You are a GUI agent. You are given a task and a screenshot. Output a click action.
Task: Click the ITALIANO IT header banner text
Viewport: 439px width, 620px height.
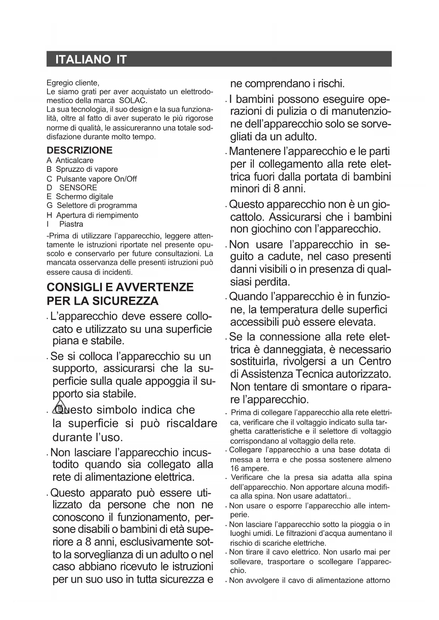[x=91, y=59]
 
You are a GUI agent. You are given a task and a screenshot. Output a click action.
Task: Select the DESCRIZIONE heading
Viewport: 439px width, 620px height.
[x=79, y=150]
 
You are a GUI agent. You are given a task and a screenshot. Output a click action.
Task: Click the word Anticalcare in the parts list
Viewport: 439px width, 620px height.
[x=75, y=160]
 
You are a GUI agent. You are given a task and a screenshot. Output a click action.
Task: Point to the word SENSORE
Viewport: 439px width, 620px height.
[x=78, y=188]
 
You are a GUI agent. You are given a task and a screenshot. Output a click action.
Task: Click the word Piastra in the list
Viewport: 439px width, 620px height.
[x=71, y=224]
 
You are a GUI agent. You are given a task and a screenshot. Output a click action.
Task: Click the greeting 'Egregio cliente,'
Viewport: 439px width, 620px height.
[x=73, y=83]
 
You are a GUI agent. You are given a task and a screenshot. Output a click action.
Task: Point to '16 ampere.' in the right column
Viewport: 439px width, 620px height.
[x=249, y=468]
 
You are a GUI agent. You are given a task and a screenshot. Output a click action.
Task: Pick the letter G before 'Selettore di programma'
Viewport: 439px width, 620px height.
[x=50, y=205]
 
